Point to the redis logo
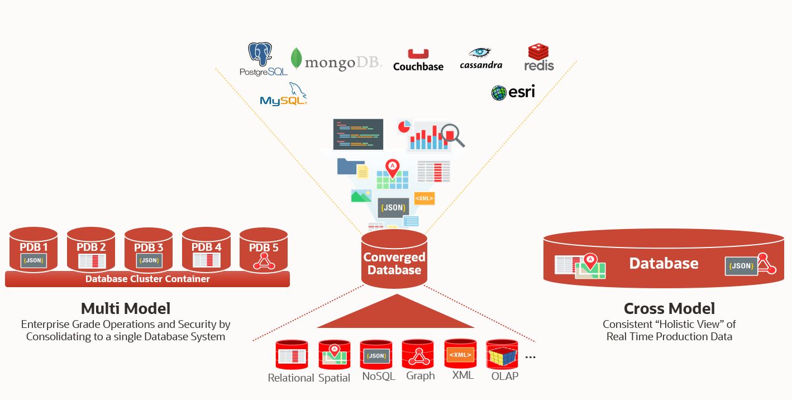point(539,58)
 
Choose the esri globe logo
point(513,92)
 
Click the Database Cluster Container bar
point(147,279)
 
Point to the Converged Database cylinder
point(394,260)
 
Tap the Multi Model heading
point(126,308)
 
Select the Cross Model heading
point(669,308)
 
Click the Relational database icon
point(292,355)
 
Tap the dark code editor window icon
point(358,134)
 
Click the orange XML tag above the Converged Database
point(424,198)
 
